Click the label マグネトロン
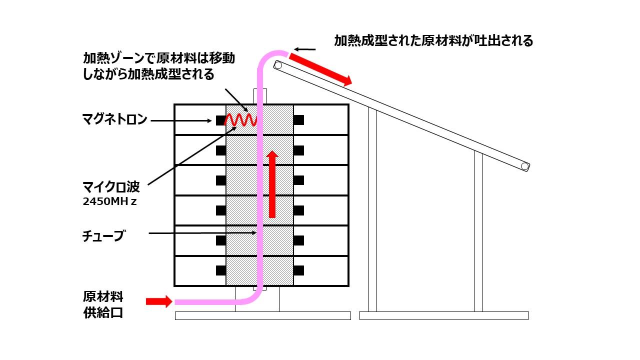coord(114,119)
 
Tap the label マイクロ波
coord(111,187)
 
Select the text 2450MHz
coord(109,201)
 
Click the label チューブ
coord(103,236)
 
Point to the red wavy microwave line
coord(240,120)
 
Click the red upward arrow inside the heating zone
coord(272,184)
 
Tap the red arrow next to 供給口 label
coord(159,301)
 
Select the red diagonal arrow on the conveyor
coord(320,69)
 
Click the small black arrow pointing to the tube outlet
coord(305,49)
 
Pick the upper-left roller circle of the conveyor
coord(277,65)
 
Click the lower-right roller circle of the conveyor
coord(525,166)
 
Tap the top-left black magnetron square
coord(221,120)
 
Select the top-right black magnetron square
coord(298,120)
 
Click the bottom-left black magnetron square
coord(221,270)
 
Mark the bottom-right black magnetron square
coord(298,270)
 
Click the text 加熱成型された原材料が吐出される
coord(433,40)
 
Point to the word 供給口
coord(103,313)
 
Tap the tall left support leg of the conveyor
coord(372,209)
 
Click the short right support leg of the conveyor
coord(478,231)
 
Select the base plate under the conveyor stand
coord(444,315)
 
